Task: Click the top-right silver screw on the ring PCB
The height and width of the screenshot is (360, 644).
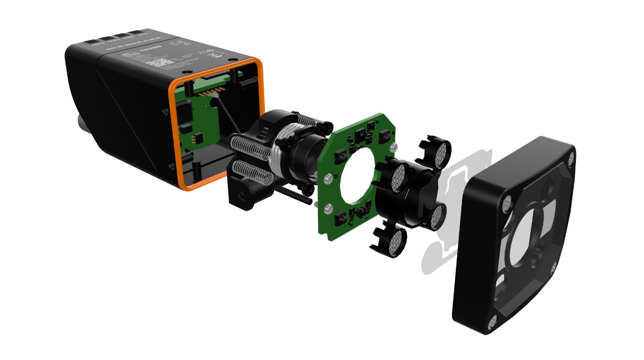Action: coord(392,147)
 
